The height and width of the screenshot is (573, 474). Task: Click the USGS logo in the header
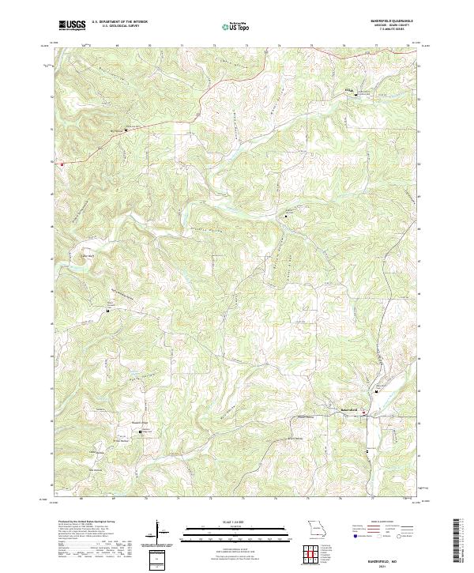click(x=72, y=25)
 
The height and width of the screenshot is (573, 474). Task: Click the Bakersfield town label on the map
click(x=349, y=409)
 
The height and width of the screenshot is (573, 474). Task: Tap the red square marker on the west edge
click(x=60, y=163)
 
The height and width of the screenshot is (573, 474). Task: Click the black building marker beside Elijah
click(x=355, y=95)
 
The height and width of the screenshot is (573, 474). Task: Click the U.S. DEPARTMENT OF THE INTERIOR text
click(x=120, y=23)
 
